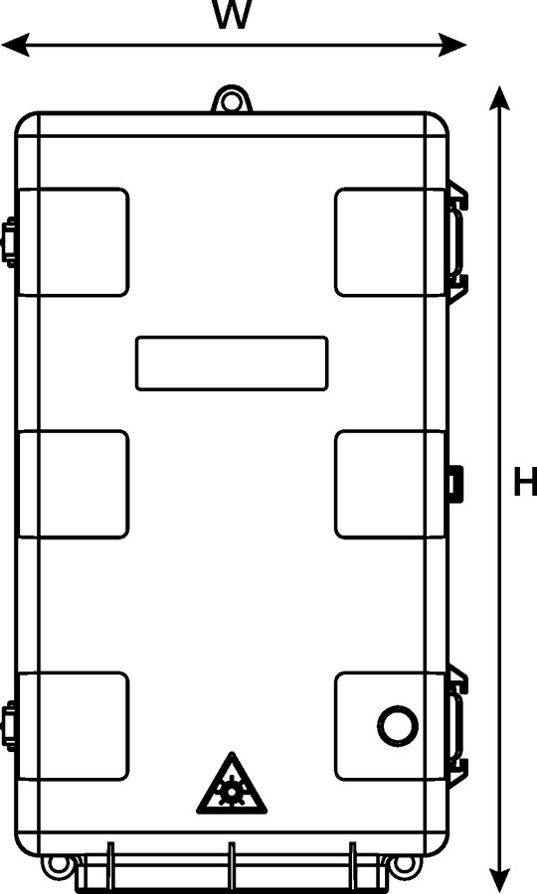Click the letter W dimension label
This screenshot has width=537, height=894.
click(231, 13)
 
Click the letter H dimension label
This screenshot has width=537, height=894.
click(525, 482)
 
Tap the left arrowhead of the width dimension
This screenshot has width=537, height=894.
click(16, 45)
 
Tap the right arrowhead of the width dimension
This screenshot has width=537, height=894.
click(452, 45)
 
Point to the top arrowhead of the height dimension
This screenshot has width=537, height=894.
click(500, 98)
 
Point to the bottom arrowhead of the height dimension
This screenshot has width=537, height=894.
click(500, 880)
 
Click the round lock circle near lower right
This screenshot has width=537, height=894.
click(398, 726)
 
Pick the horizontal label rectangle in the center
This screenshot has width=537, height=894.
click(232, 364)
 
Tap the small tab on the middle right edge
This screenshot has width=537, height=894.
click(454, 484)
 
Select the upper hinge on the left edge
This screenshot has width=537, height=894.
click(10, 242)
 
